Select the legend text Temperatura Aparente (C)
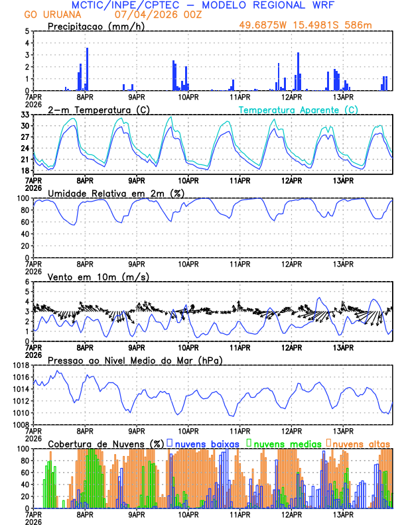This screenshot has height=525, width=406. tap(298, 109)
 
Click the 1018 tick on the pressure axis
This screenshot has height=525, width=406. tap(20, 365)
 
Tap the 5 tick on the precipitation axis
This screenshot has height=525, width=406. tap(27, 31)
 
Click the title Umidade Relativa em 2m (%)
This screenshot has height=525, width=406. tap(106, 193)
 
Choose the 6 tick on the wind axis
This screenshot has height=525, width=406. tap(27, 282)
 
